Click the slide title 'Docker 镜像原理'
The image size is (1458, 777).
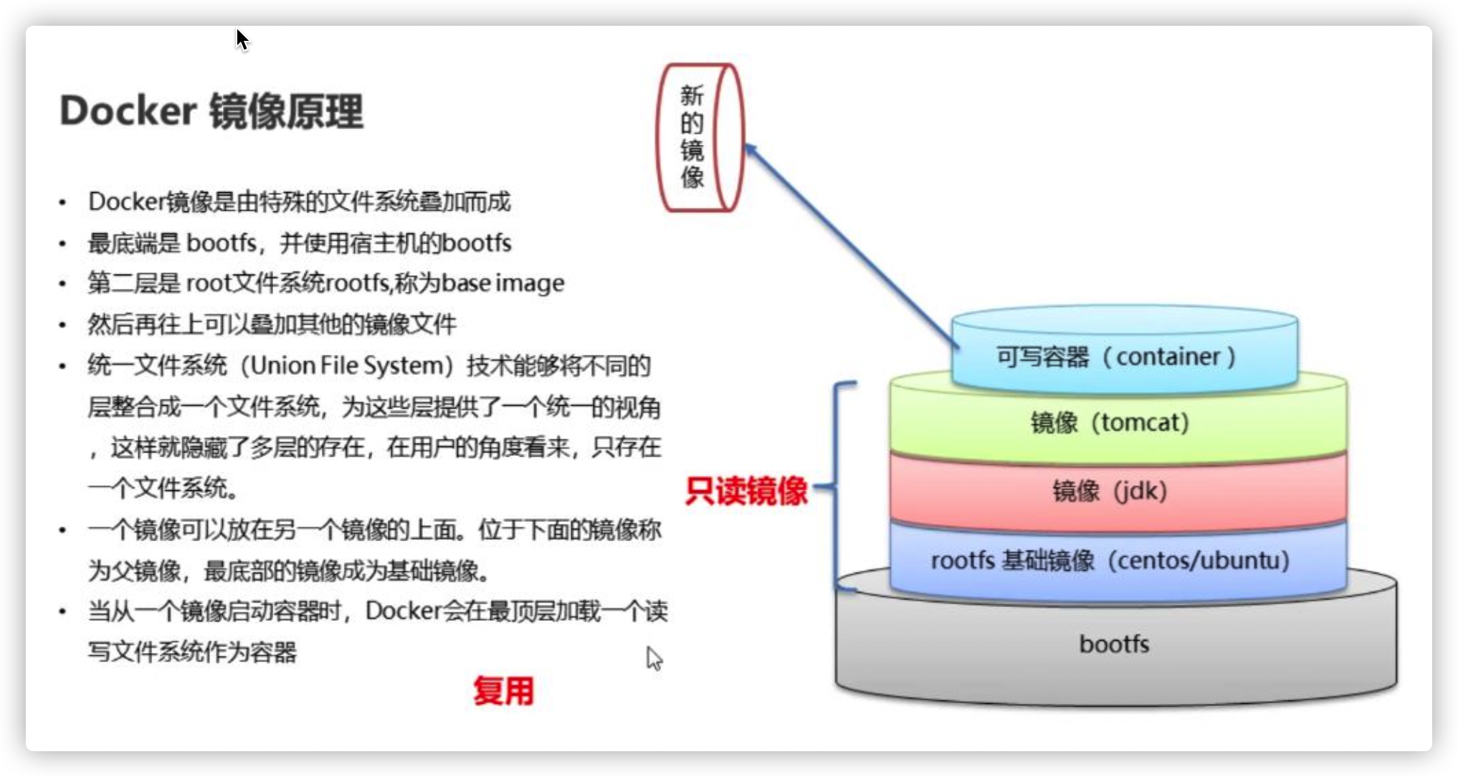tap(211, 111)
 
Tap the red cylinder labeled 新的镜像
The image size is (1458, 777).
tap(699, 138)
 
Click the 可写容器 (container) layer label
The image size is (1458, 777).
tap(1115, 356)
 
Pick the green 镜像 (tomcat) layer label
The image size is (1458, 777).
tap(1110, 422)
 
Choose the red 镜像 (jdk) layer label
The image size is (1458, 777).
tap(1110, 491)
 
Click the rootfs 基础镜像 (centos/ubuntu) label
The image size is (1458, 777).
tap(1110, 560)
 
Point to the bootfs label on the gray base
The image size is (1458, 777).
tap(1114, 644)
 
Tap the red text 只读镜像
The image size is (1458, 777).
tap(746, 491)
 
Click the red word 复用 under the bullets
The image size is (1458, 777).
tap(503, 691)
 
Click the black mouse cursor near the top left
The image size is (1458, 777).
tap(242, 39)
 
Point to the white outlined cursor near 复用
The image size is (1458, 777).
tap(654, 658)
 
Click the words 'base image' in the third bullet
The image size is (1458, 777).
tap(502, 283)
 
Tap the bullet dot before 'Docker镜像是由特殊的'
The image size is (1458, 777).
tap(63, 203)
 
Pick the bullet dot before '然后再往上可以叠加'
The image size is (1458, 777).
tap(63, 325)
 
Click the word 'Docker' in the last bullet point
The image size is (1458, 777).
tap(403, 611)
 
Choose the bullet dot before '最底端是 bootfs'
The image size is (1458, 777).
tap(63, 244)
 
